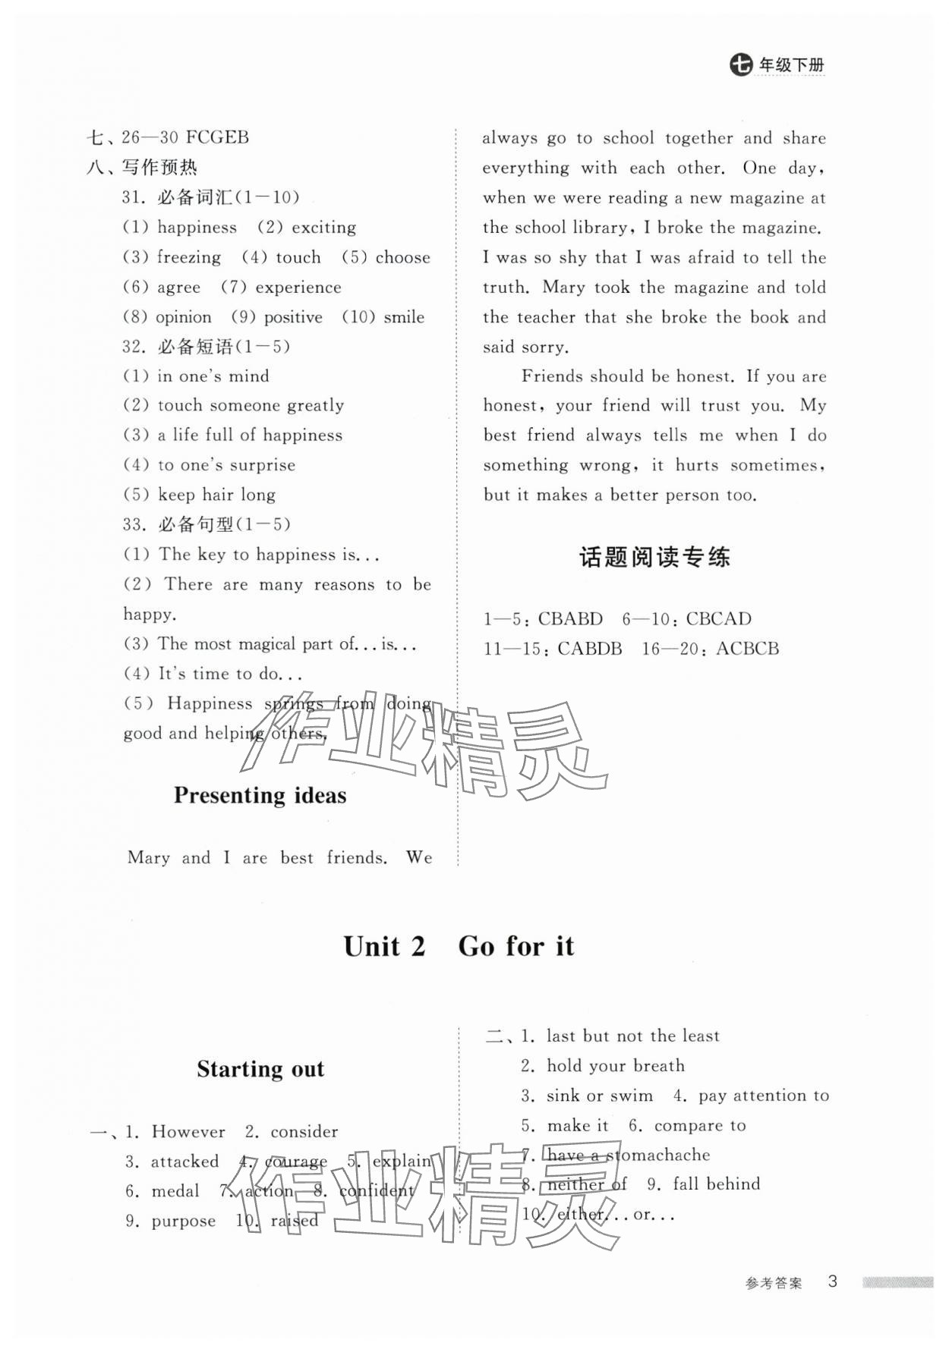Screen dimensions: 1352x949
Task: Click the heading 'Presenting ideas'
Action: coord(260,795)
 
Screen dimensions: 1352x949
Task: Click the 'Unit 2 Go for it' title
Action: coord(459,946)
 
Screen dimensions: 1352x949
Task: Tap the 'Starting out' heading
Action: coord(260,1069)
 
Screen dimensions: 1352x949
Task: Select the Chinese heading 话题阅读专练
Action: coord(654,558)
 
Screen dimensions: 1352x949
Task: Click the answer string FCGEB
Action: coord(217,137)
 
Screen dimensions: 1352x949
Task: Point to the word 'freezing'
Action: coord(189,257)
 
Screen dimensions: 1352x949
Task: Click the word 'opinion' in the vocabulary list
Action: coord(183,317)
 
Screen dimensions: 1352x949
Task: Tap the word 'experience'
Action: coord(298,288)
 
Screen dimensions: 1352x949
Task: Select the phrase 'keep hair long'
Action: coord(216,495)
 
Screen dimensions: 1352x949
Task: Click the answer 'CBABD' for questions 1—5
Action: coord(570,619)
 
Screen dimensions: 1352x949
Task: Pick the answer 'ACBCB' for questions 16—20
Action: coord(747,649)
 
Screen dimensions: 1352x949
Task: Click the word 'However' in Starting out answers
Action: coord(188,1132)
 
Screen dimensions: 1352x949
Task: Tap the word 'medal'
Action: coord(175,1191)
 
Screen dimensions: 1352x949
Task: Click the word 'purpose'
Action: coord(183,1222)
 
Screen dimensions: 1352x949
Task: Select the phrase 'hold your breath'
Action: coord(615,1066)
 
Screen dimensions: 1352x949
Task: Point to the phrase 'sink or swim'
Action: coord(599,1096)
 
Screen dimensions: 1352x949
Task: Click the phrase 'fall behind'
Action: coord(716,1184)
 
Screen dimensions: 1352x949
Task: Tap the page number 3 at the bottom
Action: coord(832,1281)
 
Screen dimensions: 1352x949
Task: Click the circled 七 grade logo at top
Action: coord(740,65)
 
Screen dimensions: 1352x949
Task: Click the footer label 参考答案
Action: coord(774,1283)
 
